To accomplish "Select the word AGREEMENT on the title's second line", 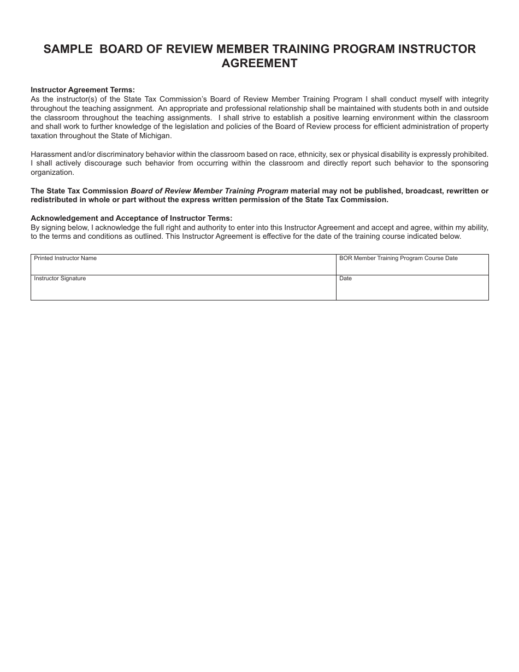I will (259, 63).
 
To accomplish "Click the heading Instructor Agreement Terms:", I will (82, 90).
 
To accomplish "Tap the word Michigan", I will (156, 136).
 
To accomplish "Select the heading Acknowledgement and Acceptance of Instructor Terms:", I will (132, 219).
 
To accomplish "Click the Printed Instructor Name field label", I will (65, 258).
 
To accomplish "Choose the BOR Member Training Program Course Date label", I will (398, 258).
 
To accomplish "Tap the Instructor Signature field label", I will (60, 279).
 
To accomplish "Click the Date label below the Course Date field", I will (345, 279).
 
